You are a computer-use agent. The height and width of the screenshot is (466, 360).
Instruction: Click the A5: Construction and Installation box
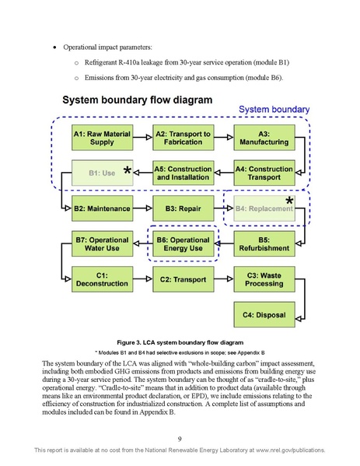(183, 173)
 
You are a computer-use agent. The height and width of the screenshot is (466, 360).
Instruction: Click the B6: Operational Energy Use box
(183, 244)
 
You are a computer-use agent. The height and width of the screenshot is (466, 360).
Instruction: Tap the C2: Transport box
(183, 279)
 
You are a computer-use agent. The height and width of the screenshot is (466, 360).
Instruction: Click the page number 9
(180, 438)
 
